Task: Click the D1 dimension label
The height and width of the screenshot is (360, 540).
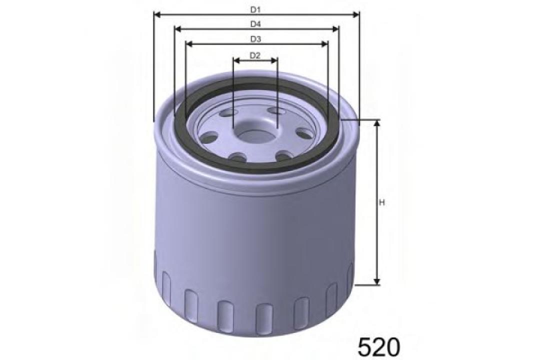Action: [x=256, y=9]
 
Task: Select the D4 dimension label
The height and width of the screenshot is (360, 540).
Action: [x=256, y=23]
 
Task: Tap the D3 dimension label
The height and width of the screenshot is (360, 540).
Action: [x=256, y=39]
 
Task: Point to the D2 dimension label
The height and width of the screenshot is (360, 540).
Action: [x=255, y=55]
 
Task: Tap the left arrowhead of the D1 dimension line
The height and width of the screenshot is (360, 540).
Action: [x=156, y=15]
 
